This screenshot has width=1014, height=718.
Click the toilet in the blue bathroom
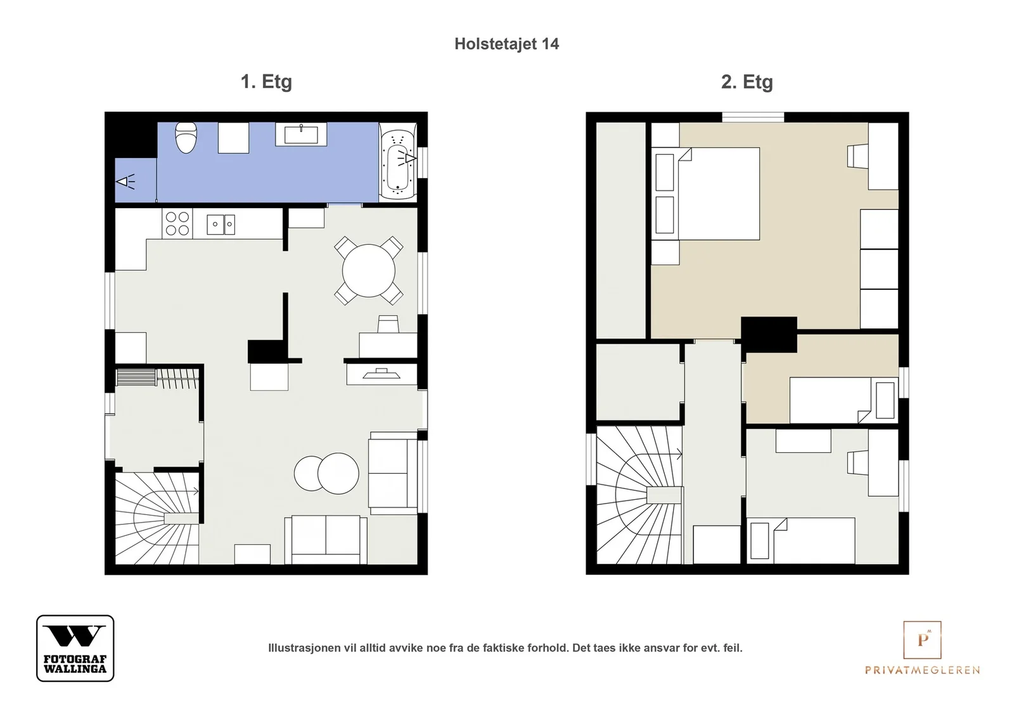[x=186, y=137]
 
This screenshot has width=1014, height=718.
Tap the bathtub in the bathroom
[x=398, y=162]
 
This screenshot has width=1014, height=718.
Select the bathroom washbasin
[x=301, y=134]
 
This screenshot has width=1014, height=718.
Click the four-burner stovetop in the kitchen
[x=177, y=223]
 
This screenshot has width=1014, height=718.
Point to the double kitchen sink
[x=221, y=225]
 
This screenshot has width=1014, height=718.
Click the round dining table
[x=368, y=271]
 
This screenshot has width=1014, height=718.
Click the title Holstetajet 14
[x=506, y=44]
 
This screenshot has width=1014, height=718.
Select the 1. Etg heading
[x=266, y=82]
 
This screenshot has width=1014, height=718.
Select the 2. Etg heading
[x=747, y=82]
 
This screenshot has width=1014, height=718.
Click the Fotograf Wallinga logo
[x=75, y=648]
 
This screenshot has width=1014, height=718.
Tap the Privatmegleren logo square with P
[x=922, y=639]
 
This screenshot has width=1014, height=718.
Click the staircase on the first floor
[x=157, y=518]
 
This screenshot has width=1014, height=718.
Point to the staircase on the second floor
[x=639, y=495]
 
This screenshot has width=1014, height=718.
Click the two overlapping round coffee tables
[x=326, y=473]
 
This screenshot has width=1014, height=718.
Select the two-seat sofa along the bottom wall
[x=326, y=540]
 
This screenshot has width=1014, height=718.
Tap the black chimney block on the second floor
[x=769, y=335]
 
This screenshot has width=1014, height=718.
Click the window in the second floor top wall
[x=753, y=117]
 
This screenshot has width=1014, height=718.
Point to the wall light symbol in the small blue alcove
[x=126, y=181]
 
